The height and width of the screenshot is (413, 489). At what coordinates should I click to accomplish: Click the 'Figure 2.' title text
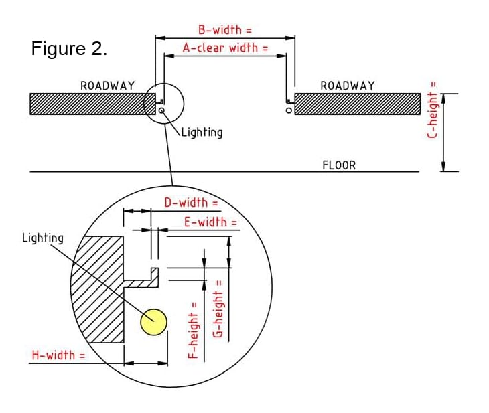click(x=69, y=50)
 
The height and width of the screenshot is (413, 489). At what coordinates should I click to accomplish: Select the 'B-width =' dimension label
click(x=225, y=31)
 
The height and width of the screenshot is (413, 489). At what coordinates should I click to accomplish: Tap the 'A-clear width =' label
click(x=225, y=48)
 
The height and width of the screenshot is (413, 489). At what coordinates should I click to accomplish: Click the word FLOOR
click(x=339, y=165)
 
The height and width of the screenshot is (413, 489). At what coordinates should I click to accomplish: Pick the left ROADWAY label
click(x=107, y=86)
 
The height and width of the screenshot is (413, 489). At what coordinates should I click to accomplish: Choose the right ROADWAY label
click(x=348, y=86)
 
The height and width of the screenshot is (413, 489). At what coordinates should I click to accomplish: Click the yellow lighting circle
click(x=153, y=321)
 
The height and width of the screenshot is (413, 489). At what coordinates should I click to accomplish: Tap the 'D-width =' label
click(x=191, y=203)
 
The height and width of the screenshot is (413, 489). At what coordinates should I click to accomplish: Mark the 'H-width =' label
click(x=59, y=355)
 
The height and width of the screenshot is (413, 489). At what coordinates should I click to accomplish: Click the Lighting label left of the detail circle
click(x=43, y=238)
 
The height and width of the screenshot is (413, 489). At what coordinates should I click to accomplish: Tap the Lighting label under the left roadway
click(x=202, y=132)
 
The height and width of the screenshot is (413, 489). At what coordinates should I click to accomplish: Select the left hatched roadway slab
click(x=87, y=104)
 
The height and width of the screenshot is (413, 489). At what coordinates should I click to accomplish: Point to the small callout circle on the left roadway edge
click(x=162, y=104)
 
